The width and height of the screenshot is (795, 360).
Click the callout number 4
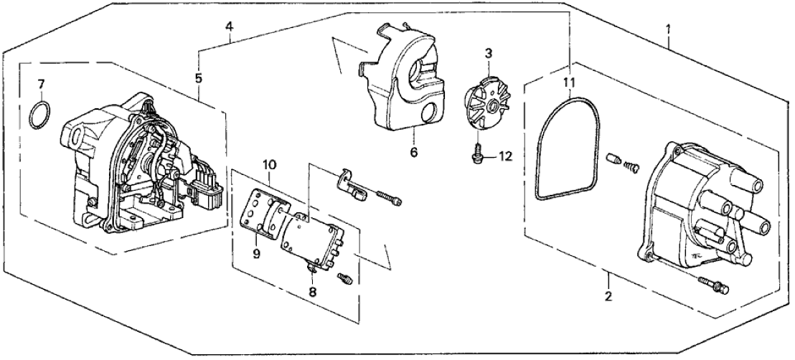pyautogui.click(x=229, y=27)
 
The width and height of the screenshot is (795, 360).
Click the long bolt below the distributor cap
pyautogui.click(x=712, y=288)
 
